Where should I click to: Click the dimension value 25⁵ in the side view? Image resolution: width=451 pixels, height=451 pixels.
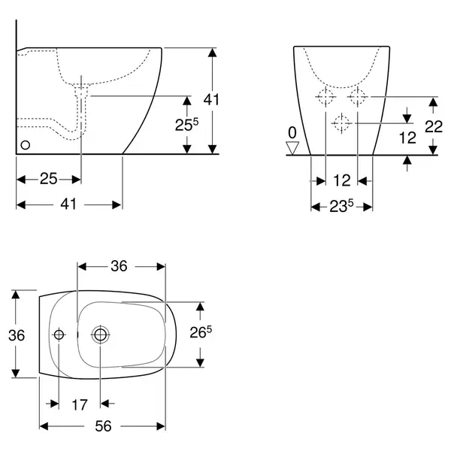[186, 125]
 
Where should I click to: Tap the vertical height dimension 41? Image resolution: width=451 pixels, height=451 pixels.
[211, 99]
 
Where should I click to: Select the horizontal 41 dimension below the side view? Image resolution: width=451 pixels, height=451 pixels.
[68, 204]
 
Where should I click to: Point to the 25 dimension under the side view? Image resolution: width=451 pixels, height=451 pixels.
[48, 179]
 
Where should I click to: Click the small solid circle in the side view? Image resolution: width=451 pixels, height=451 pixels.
[26, 145]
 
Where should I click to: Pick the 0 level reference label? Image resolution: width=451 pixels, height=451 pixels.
[292, 132]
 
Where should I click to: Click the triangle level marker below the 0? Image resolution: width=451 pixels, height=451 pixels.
[292, 148]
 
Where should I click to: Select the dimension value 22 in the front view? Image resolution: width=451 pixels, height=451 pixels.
[434, 126]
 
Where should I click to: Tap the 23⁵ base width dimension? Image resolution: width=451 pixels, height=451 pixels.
[341, 206]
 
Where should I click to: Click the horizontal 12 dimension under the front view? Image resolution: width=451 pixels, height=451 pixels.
[342, 180]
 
